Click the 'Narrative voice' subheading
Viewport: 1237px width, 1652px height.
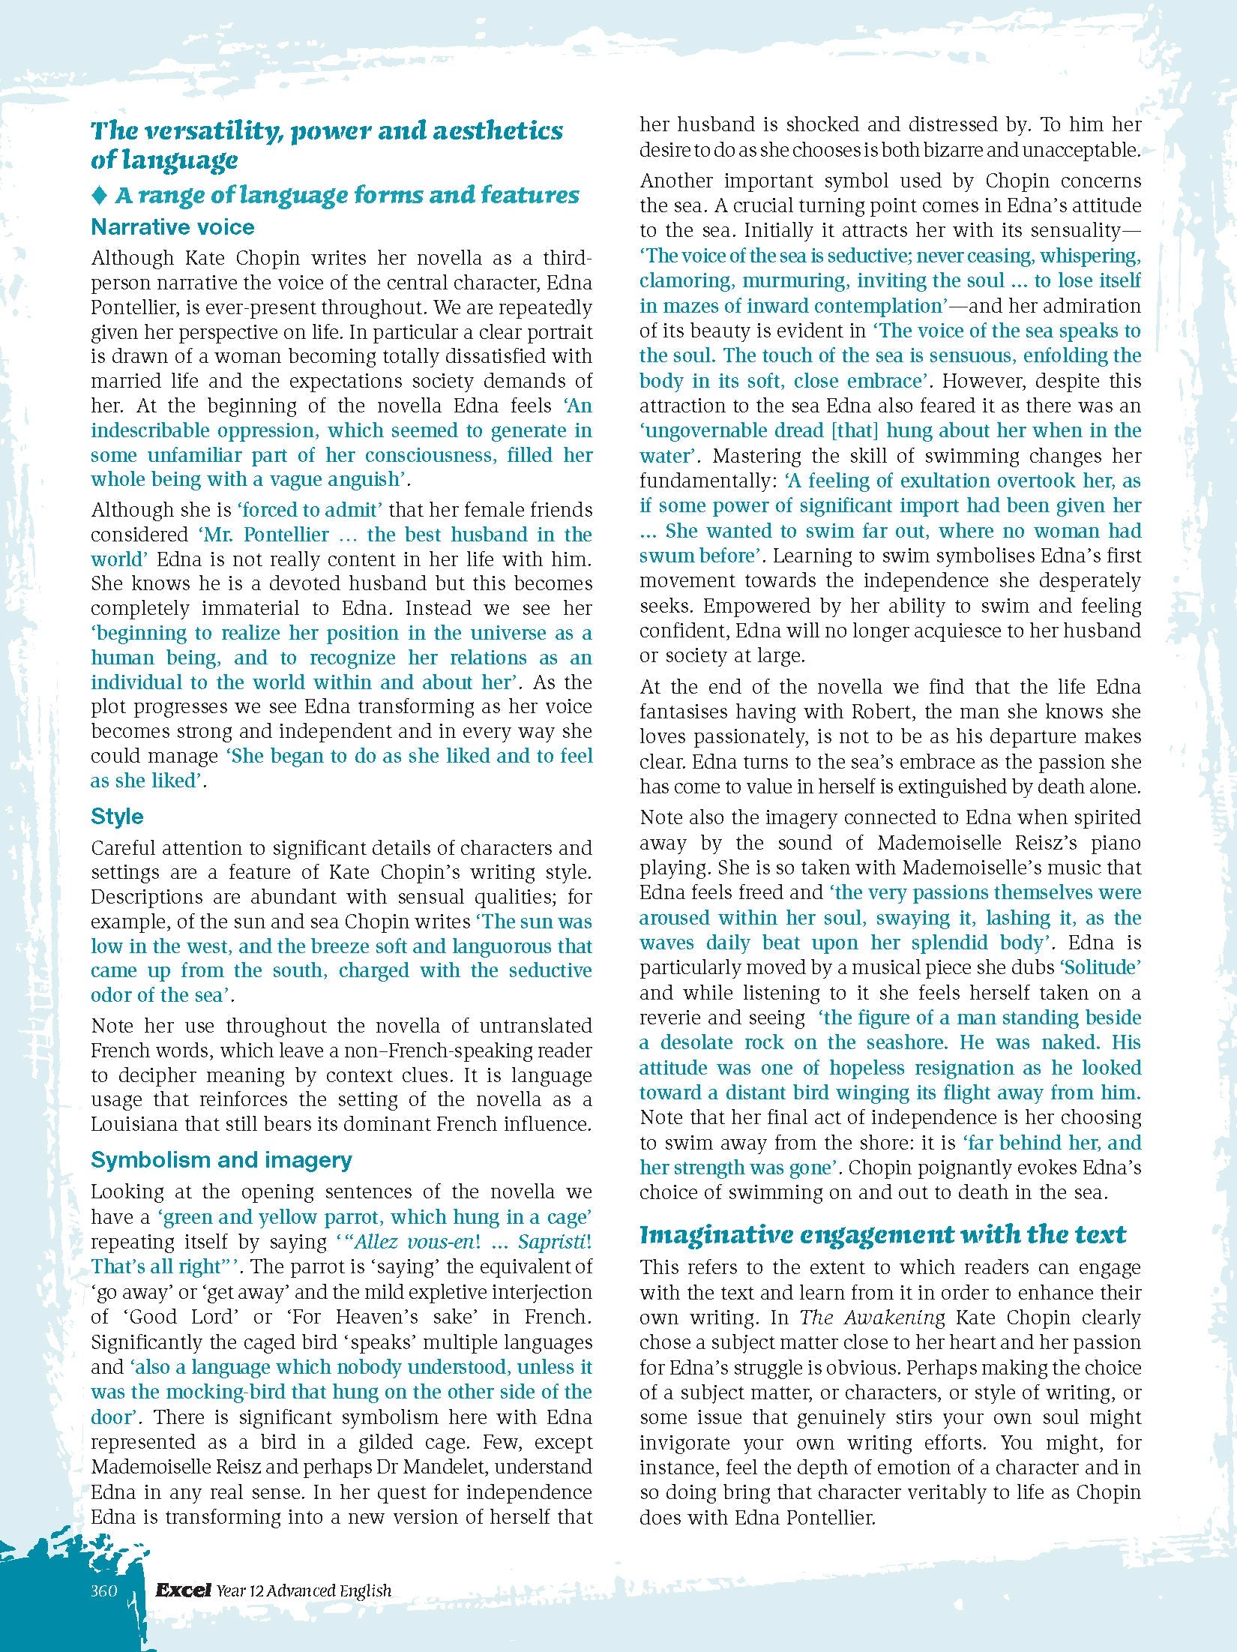[172, 227]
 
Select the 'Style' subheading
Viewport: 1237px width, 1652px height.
[117, 816]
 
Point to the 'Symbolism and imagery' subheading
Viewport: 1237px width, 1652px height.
[221, 1160]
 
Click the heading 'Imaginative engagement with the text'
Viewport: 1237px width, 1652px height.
[882, 1234]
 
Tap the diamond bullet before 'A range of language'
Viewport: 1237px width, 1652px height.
[99, 196]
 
